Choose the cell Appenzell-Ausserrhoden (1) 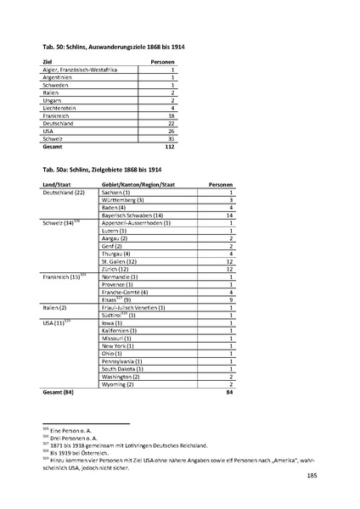pos(137,223)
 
